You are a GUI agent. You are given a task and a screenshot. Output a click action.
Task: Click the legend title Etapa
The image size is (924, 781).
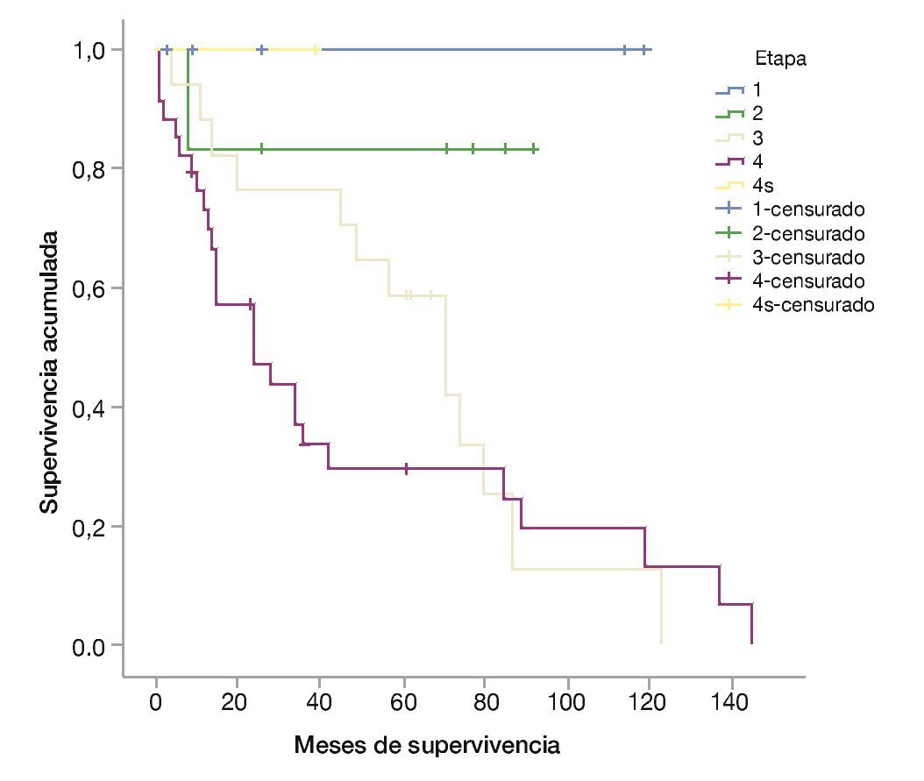pyautogui.click(x=780, y=60)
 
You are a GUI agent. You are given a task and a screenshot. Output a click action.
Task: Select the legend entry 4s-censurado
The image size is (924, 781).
pyautogui.click(x=813, y=305)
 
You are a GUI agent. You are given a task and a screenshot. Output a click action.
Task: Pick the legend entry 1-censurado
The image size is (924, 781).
pyautogui.click(x=808, y=210)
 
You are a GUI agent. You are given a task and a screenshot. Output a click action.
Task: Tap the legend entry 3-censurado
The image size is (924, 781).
pyautogui.click(x=808, y=258)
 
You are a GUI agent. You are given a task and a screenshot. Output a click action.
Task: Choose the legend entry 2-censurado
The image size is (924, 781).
pyautogui.click(x=808, y=234)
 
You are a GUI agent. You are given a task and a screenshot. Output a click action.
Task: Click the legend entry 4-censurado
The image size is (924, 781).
pyautogui.click(x=808, y=281)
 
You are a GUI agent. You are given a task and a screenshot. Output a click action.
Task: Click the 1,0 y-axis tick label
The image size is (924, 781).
pyautogui.click(x=91, y=50)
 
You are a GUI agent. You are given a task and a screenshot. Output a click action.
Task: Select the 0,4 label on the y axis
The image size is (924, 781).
pyautogui.click(x=91, y=408)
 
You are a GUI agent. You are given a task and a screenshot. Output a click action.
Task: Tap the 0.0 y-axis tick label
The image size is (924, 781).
pyautogui.click(x=91, y=646)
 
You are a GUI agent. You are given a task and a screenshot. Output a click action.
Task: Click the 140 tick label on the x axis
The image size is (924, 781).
pyautogui.click(x=733, y=704)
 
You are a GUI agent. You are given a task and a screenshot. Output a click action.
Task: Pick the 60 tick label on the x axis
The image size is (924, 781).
pyautogui.click(x=404, y=704)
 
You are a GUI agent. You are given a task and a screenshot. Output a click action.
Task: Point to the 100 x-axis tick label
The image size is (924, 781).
pyautogui.click(x=568, y=704)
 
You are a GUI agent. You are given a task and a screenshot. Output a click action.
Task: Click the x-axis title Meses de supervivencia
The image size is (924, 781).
pyautogui.click(x=427, y=746)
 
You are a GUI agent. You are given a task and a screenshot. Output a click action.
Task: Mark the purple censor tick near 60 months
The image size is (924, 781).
pyautogui.click(x=406, y=469)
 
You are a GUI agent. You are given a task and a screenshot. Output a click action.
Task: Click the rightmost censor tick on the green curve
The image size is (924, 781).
pyautogui.click(x=535, y=150)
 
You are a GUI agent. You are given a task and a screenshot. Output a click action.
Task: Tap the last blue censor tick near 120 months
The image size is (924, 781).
pyautogui.click(x=644, y=50)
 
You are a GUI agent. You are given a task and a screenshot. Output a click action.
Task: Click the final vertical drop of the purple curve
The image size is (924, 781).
pyautogui.click(x=751, y=623)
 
